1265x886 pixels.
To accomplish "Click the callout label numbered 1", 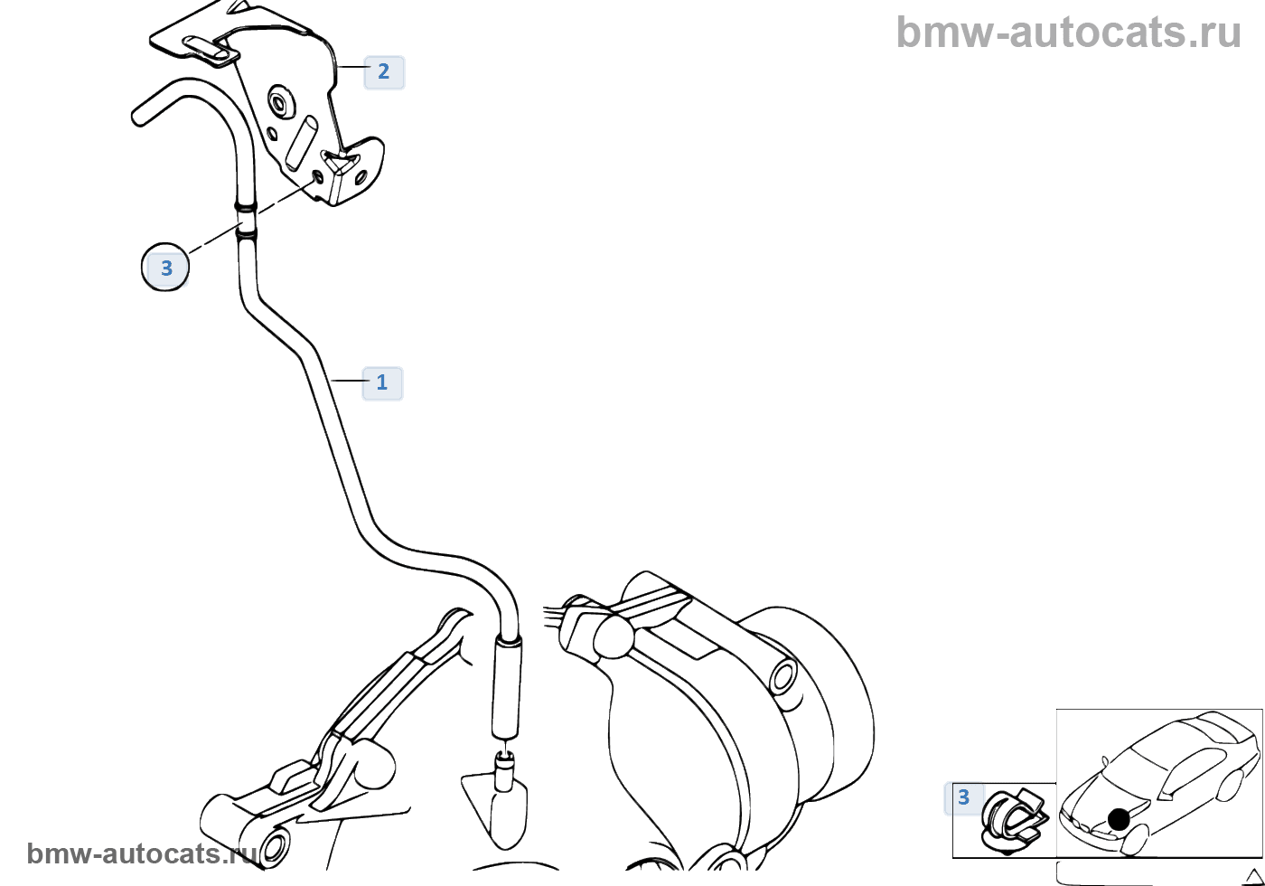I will pyautogui.click(x=382, y=382).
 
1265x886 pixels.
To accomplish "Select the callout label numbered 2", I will pyautogui.click(x=384, y=71).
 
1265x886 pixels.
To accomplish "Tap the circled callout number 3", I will pyautogui.click(x=166, y=269).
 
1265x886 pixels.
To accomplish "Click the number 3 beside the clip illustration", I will pyautogui.click(x=963, y=797).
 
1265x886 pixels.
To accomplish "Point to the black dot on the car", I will pyautogui.click(x=1119, y=819).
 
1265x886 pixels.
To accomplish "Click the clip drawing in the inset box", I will pyautogui.click(x=1012, y=823).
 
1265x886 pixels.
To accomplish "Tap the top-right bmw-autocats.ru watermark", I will pyautogui.click(x=1069, y=33).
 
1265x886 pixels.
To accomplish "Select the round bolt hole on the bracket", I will pyautogui.click(x=277, y=103).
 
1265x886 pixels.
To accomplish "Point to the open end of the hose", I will pyautogui.click(x=140, y=116).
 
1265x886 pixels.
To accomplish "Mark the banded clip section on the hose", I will pyautogui.click(x=245, y=221).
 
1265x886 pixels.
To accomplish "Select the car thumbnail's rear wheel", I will pyautogui.click(x=1228, y=785).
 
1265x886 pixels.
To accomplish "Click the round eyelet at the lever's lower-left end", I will pyautogui.click(x=274, y=848).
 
